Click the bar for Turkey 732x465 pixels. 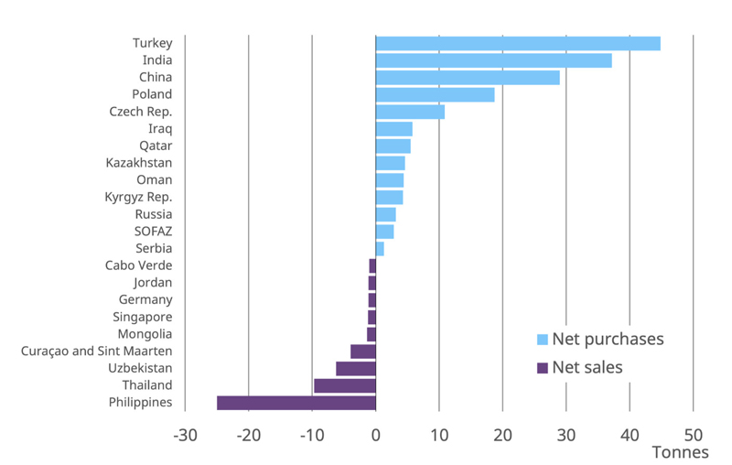click(518, 43)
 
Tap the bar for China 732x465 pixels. click(468, 78)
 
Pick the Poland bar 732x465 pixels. click(436, 94)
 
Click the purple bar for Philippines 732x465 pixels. click(296, 403)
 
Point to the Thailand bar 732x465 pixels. click(345, 385)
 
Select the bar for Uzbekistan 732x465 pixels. click(356, 368)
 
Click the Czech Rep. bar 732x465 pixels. click(410, 112)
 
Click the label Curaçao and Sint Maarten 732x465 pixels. click(97, 351)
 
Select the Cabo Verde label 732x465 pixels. click(138, 265)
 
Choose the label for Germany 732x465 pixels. click(145, 299)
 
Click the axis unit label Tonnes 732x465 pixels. click(680, 452)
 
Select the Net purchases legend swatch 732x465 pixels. click(543, 340)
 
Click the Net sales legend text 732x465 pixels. click(587, 367)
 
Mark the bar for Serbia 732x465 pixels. click(380, 248)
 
